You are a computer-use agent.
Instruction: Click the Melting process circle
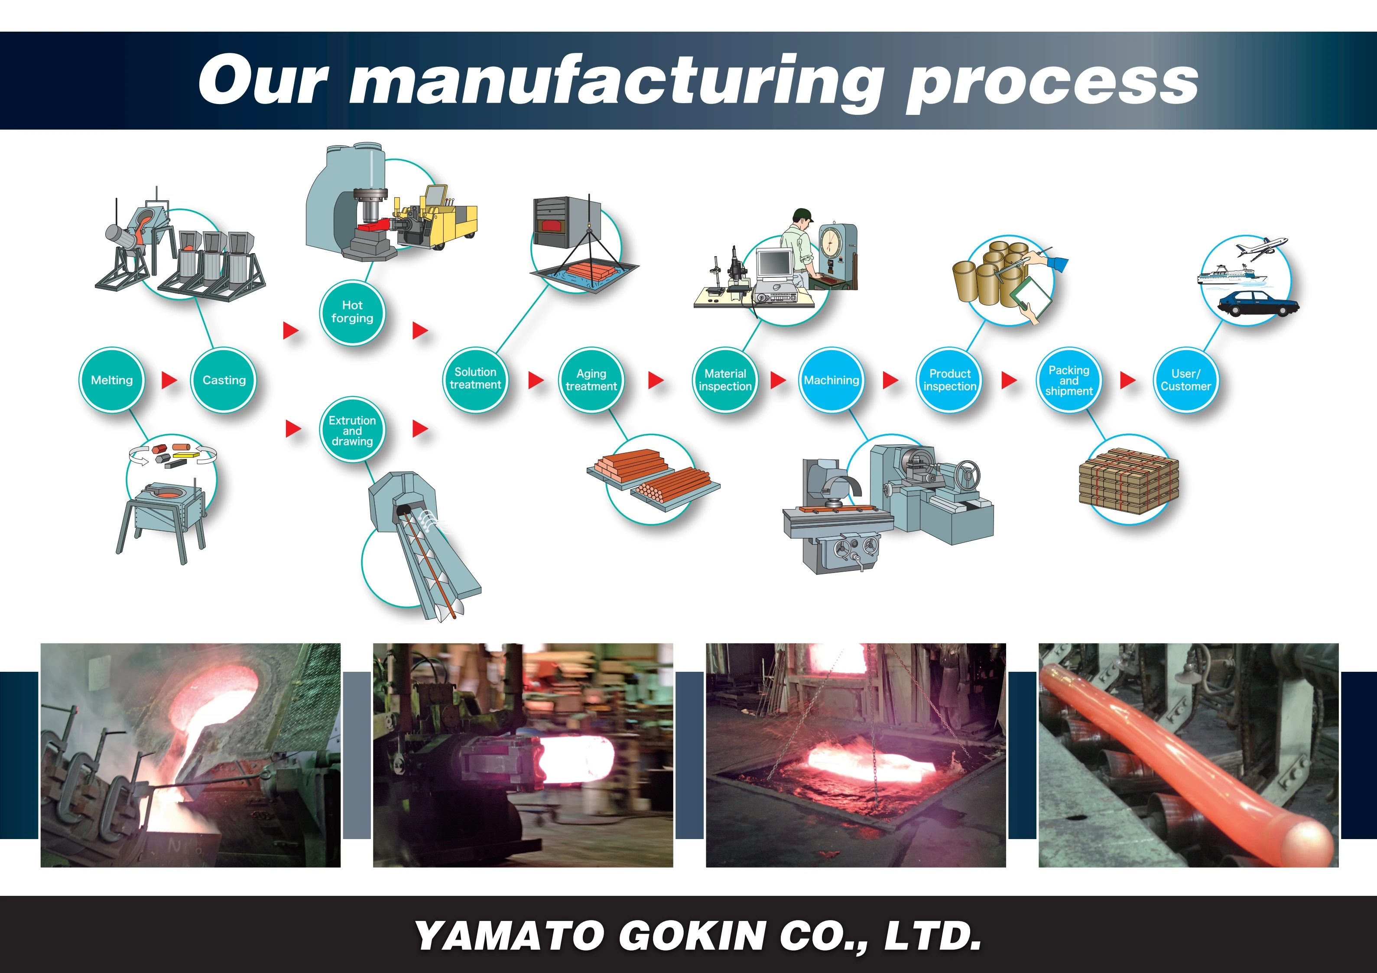click(111, 380)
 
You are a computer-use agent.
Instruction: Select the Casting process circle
click(224, 380)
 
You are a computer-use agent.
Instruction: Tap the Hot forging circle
click(352, 312)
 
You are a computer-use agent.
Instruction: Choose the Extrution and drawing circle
click(352, 430)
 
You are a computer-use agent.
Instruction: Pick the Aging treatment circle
click(591, 380)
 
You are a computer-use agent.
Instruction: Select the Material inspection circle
click(725, 380)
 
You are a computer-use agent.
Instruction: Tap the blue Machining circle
click(831, 380)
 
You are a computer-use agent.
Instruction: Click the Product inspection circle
click(949, 380)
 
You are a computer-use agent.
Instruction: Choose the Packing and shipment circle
click(1069, 380)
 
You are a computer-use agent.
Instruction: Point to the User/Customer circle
click(1185, 380)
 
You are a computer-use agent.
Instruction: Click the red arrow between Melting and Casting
click(169, 380)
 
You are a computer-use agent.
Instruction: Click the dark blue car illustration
click(1258, 303)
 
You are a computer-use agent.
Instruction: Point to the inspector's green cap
click(802, 214)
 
